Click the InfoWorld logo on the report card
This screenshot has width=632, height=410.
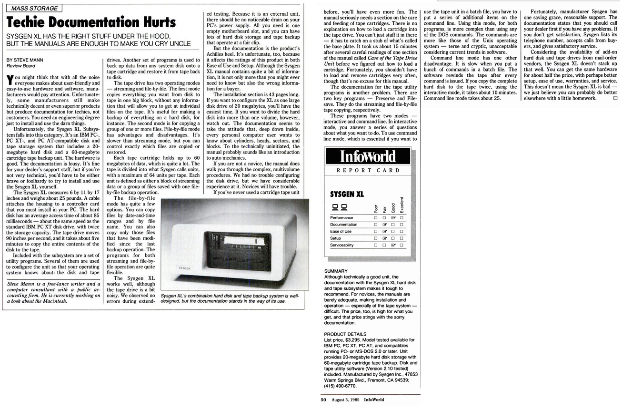pyautogui.click(x=367, y=156)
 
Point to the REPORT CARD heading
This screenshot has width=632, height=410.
pyautogui.click(x=368, y=170)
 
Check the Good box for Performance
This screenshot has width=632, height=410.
pyautogui.click(x=393, y=218)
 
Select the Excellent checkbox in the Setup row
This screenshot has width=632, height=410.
pyautogui.click(x=401, y=238)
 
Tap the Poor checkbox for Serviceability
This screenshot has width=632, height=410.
pyautogui.click(x=376, y=245)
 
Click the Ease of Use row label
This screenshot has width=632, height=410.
pyautogui.click(x=341, y=232)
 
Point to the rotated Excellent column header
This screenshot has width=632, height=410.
pyautogui.click(x=402, y=205)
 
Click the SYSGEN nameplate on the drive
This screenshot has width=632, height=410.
pyautogui.click(x=185, y=268)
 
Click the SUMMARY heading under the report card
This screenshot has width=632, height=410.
pyautogui.click(x=336, y=271)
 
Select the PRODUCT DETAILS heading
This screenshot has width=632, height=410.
pyautogui.click(x=345, y=334)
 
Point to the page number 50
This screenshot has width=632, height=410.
pyautogui.click(x=322, y=400)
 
